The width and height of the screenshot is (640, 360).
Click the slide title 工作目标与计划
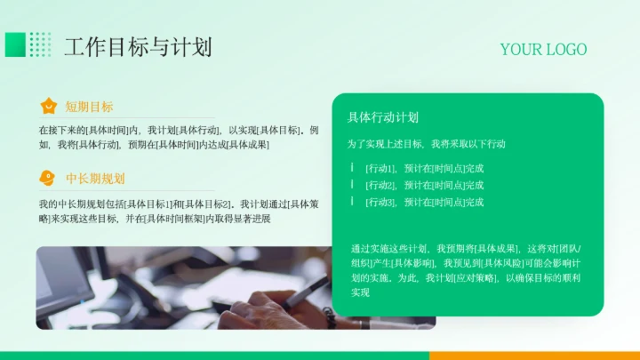coord(138,46)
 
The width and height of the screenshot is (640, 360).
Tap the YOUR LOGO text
coord(543,49)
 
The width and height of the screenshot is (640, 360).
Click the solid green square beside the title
coord(15,44)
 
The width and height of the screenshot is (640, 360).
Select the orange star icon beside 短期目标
coord(49,107)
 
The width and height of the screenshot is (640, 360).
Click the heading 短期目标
coord(89,107)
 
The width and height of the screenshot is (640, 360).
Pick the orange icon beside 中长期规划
coord(49,178)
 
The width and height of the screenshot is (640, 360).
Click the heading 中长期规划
coord(95,178)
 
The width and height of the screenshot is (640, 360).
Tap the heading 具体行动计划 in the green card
coord(382,117)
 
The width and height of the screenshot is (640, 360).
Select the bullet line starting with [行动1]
coord(424,168)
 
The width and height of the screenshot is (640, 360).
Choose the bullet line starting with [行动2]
coord(424,185)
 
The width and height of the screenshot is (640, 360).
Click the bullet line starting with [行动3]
coord(424,202)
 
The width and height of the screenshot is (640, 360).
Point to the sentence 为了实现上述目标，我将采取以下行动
coord(426,143)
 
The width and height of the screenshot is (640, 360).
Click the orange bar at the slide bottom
coord(533,356)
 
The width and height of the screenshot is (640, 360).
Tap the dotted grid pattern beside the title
coord(40,44)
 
